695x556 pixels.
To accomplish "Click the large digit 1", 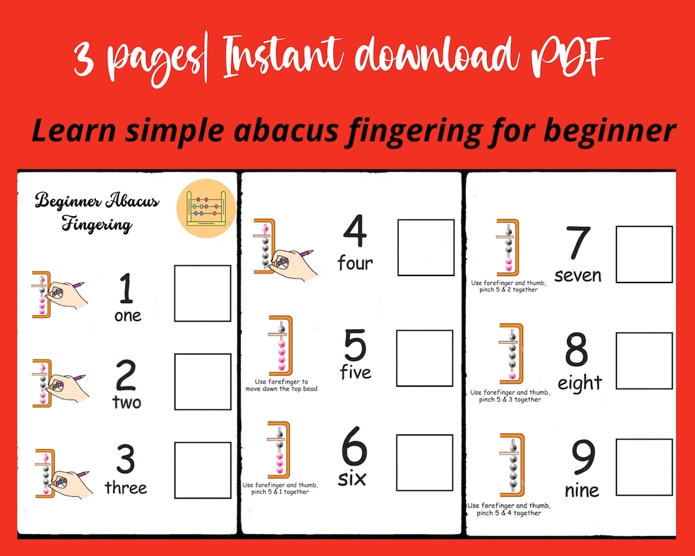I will (126, 289).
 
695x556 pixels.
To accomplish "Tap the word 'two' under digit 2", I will (127, 403).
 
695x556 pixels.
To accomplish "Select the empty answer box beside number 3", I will (203, 470).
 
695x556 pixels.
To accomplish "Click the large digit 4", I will (354, 233).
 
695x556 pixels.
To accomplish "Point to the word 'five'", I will (356, 373).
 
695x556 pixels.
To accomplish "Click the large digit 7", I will (578, 244).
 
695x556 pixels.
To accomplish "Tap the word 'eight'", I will (579, 384).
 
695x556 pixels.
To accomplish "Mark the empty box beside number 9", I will (644, 467).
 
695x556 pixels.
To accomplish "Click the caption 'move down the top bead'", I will (281, 389).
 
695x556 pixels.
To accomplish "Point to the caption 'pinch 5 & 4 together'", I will (505, 513).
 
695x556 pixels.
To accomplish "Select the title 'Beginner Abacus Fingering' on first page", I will (97, 212).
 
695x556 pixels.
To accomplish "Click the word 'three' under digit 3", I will (126, 488).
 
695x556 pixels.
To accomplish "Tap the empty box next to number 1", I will (203, 293).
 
